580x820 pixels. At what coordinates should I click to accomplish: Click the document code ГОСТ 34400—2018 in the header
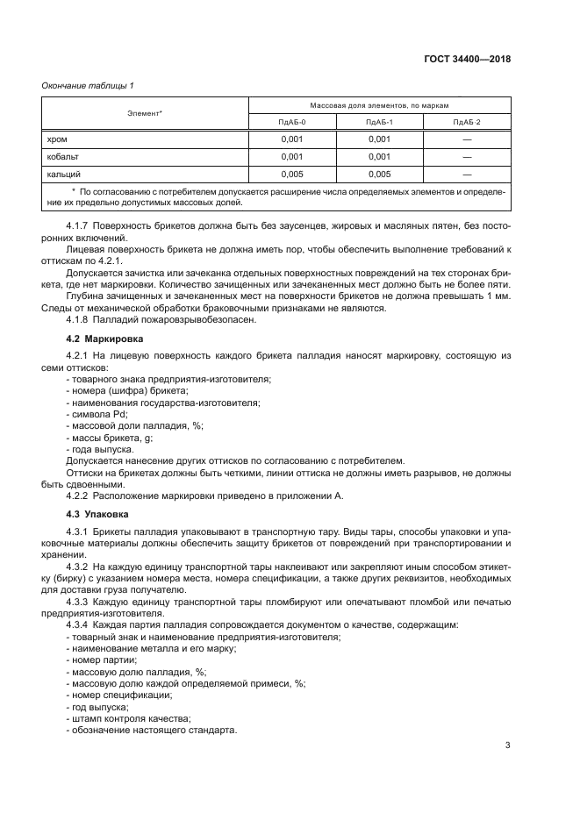tap(468, 60)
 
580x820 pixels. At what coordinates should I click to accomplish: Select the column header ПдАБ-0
tap(292, 121)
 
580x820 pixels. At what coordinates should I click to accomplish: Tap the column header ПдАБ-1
tap(379, 121)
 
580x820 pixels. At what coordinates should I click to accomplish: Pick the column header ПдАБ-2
tap(467, 121)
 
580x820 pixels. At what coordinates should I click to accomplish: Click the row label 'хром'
tap(57, 139)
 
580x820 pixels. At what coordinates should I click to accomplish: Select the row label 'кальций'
tap(63, 174)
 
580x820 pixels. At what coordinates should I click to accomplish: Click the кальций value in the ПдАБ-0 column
tap(292, 174)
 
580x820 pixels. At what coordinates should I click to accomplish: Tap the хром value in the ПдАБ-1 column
tap(379, 139)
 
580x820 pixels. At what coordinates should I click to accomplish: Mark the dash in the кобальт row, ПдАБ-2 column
tap(467, 156)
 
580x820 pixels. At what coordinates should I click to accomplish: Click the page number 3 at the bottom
tap(507, 746)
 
